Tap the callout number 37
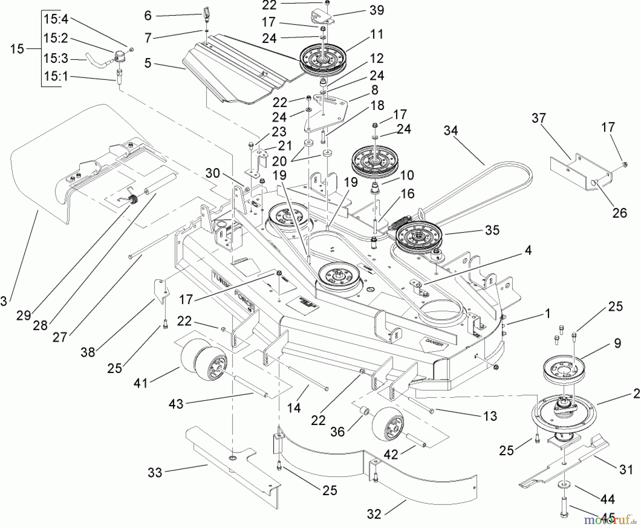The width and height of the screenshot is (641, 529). point(538,118)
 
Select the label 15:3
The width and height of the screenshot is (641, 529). point(56,58)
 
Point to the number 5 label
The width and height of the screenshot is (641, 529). point(148,63)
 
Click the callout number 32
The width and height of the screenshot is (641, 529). point(374,514)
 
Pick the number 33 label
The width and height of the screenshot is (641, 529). point(155,473)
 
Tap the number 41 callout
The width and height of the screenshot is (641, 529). point(141,383)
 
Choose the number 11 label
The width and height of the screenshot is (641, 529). point(376,35)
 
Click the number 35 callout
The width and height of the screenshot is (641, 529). point(492,230)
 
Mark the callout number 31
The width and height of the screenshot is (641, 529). point(626,470)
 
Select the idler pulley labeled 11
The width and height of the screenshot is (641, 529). point(322,59)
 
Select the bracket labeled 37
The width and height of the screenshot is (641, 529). point(580,171)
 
